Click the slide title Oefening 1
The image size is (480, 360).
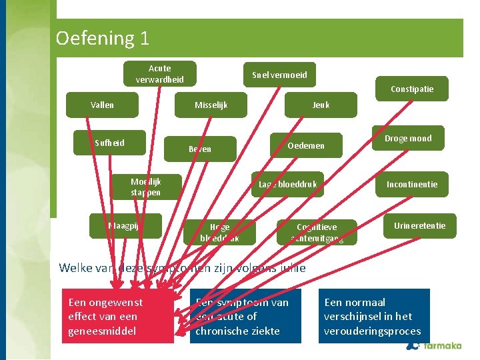[103, 38]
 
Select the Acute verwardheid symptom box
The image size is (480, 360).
[160, 73]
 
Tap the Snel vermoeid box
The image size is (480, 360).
[279, 75]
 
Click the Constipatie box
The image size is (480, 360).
[412, 89]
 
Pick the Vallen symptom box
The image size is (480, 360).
[103, 105]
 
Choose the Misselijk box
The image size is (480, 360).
[211, 105]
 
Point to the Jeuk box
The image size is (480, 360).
[321, 105]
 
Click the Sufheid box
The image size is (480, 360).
[110, 142]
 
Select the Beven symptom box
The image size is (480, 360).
[199, 149]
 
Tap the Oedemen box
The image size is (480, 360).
[306, 145]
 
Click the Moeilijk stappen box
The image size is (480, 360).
[146, 187]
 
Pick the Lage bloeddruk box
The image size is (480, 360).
[287, 184]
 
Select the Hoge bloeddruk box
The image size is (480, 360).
[219, 232]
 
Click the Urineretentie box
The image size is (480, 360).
[419, 225]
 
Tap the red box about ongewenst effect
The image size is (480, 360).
[117, 316]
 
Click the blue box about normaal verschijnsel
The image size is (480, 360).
[373, 316]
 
